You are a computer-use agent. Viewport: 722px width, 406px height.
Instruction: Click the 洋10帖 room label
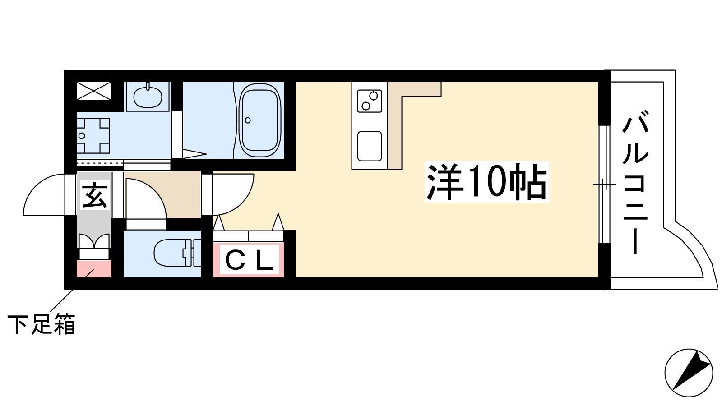(487, 182)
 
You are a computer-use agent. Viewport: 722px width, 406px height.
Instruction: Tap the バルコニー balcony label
(635, 182)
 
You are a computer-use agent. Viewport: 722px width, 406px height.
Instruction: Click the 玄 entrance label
(94, 196)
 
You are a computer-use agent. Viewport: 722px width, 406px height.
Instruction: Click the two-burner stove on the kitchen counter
(370, 101)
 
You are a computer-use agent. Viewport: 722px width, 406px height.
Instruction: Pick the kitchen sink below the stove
(370, 146)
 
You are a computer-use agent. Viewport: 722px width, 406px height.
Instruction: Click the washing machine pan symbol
(93, 135)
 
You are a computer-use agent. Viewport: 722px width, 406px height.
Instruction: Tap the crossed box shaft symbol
(94, 91)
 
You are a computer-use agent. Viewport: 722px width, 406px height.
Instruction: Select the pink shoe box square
(94, 269)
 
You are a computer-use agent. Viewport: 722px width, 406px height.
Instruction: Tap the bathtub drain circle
(248, 120)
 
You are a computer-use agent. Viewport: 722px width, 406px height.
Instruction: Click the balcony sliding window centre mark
(604, 185)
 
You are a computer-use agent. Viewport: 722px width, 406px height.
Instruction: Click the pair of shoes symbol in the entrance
(94, 241)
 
